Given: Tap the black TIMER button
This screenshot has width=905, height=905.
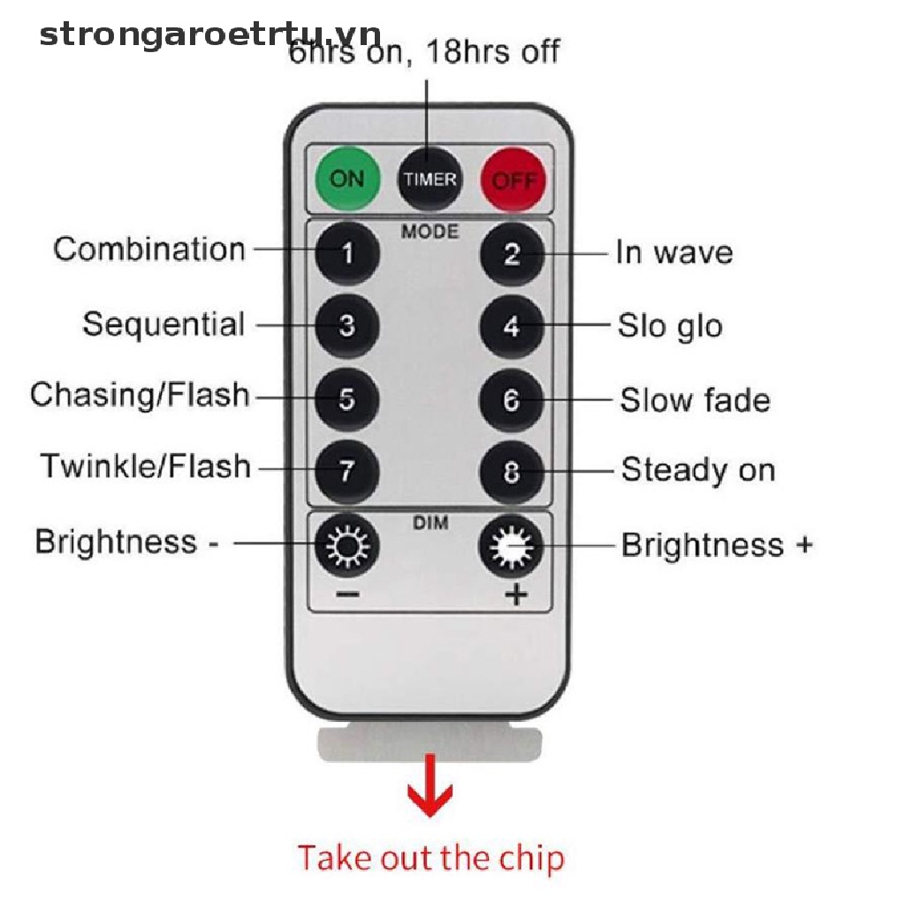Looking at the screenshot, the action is coord(430,179).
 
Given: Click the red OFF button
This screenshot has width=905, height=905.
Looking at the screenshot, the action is coord(513,180).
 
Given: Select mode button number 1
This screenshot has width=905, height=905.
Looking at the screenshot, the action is coord(347,253).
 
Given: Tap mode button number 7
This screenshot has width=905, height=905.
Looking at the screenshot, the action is coord(347,471).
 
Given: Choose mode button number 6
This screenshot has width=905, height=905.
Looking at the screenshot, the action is coord(512,400).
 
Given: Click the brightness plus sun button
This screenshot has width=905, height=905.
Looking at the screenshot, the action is coord(512,545).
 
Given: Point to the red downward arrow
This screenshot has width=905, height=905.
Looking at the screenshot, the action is coord(430,785).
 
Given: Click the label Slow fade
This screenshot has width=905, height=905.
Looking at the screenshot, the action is coord(695,400).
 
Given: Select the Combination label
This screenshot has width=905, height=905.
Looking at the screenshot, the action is coord(149,249).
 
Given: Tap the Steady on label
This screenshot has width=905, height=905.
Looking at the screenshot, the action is coord(698,470).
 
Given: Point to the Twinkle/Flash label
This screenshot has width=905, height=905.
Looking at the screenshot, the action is coord(146,466).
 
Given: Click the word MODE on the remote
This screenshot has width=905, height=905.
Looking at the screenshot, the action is coord(430,232).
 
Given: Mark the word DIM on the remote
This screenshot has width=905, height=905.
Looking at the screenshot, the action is coord(430,523).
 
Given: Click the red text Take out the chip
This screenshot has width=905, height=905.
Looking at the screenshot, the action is coord(431,857).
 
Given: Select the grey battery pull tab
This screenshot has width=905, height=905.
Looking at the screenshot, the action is coord(430,744).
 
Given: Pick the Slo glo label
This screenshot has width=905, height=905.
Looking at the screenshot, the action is coord(670,327).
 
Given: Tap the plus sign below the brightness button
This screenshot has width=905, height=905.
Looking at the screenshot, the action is coord(516,594).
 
